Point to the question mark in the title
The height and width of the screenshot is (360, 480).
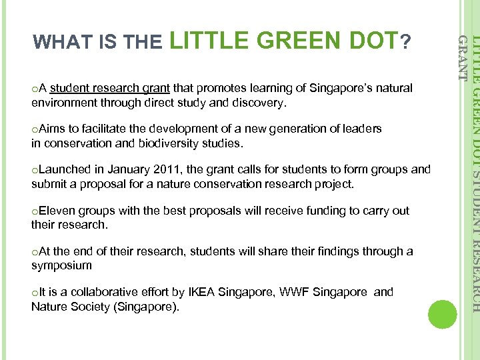pyautogui.click(x=404, y=42)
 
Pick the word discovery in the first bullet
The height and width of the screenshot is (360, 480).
pyautogui.click(x=260, y=103)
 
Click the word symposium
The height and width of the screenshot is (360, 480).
pyautogui.click(x=61, y=266)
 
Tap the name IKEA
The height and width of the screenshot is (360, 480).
pyautogui.click(x=203, y=292)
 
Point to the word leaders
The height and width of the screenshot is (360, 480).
pyautogui.click(x=363, y=129)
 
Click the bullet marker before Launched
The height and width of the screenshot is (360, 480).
pyautogui.click(x=34, y=171)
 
